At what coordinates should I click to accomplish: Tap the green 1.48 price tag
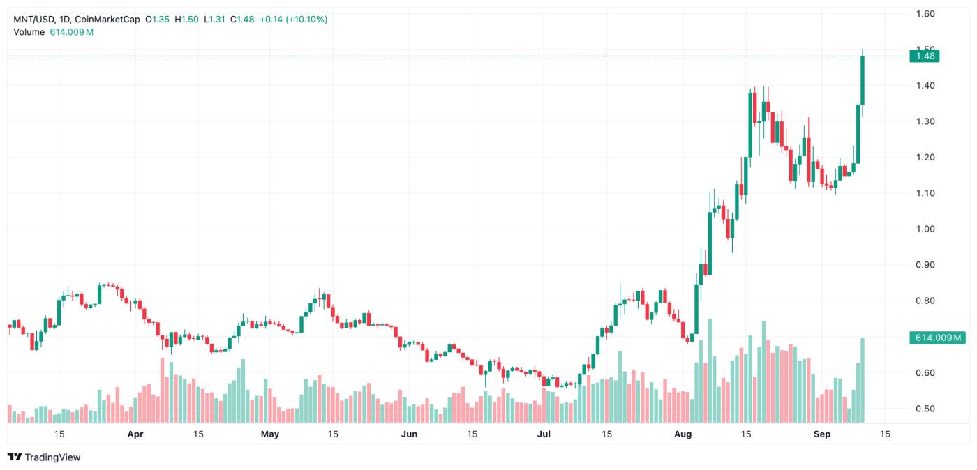point(925,56)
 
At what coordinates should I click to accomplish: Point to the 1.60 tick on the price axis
point(925,13)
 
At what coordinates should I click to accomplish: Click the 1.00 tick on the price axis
point(925,229)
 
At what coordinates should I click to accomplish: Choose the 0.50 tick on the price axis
point(925,409)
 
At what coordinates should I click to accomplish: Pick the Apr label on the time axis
point(135,434)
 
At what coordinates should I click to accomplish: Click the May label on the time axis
point(269,434)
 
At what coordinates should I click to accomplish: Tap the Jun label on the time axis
point(410,434)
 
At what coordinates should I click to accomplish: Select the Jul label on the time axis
point(544,434)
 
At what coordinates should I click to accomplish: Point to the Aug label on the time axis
point(684,434)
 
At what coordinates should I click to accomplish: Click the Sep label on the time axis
point(823,434)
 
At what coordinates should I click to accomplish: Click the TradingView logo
point(44,457)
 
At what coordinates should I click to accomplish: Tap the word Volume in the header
point(29,32)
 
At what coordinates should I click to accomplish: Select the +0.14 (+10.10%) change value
point(293,20)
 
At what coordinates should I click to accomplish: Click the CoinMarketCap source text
point(107,20)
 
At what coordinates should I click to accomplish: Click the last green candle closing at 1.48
point(863,80)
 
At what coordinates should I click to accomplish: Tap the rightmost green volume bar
point(863,380)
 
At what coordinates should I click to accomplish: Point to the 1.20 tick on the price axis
point(925,157)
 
